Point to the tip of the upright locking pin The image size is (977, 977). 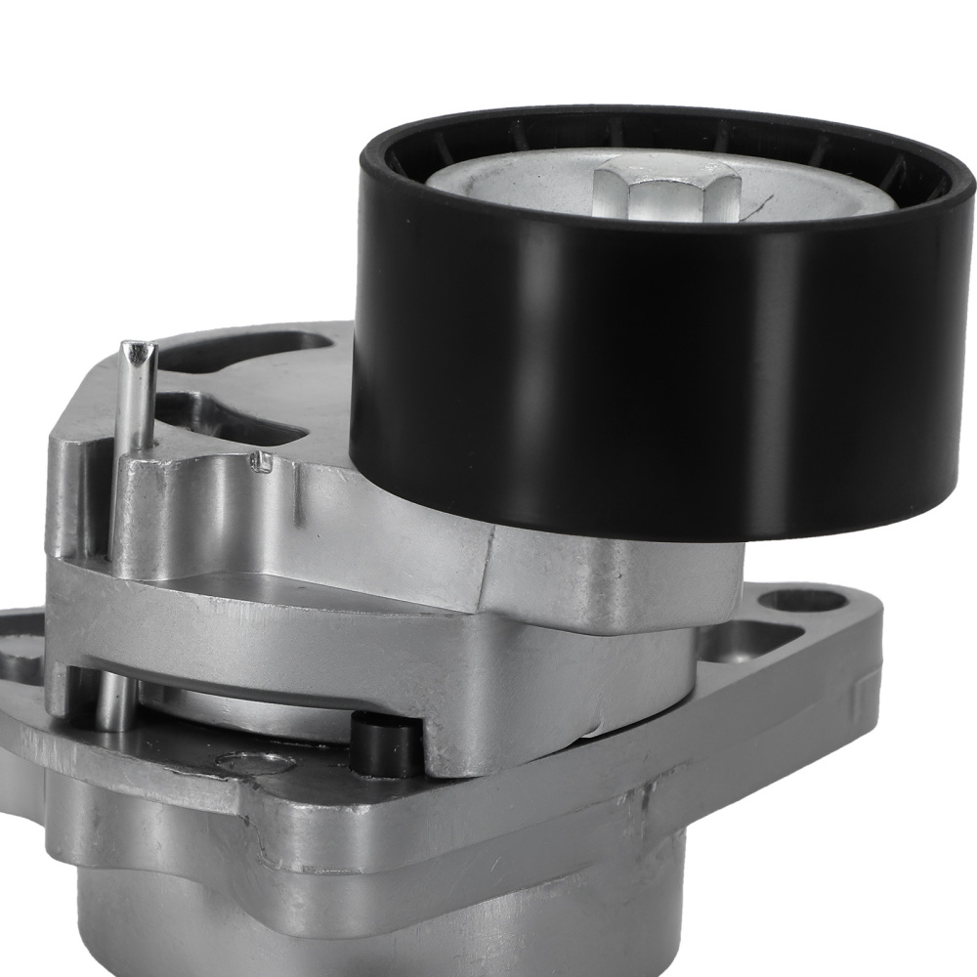(136, 351)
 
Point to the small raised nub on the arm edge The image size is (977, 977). (261, 461)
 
